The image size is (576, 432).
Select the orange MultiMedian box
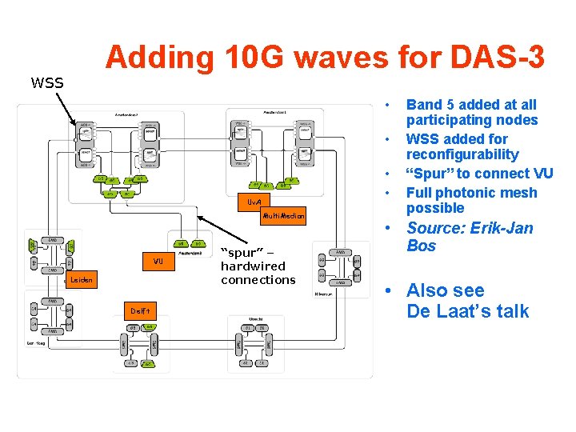point(284,216)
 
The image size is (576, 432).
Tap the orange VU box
point(158,262)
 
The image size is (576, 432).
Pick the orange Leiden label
point(82,280)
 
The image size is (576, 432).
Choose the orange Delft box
point(136,310)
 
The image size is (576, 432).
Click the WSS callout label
point(46,82)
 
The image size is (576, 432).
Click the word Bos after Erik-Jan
point(421,246)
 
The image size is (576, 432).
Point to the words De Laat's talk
point(467,311)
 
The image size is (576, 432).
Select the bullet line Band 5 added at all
point(471,105)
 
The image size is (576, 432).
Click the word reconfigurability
point(462,154)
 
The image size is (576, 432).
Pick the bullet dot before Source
point(387,229)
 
